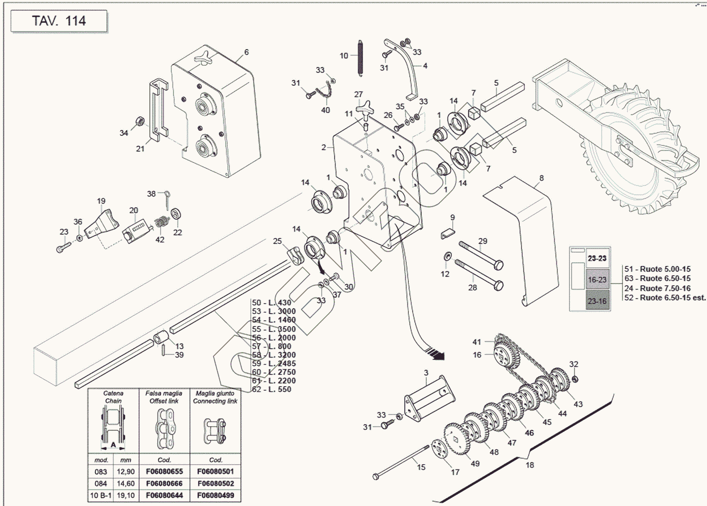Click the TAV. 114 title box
(x=59, y=21)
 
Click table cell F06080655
(x=164, y=471)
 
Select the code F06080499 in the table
(x=215, y=495)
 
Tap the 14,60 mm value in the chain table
(x=125, y=483)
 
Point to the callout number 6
(x=246, y=52)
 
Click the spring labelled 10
(x=360, y=58)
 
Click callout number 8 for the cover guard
(x=541, y=178)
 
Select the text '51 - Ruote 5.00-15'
(x=657, y=269)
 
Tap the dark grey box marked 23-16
(x=597, y=301)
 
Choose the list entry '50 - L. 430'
(x=272, y=303)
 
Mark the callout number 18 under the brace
(x=529, y=465)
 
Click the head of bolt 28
(x=499, y=286)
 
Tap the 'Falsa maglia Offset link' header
(x=164, y=397)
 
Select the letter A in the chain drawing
(x=113, y=445)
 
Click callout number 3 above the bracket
(x=426, y=373)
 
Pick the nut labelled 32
(x=574, y=378)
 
